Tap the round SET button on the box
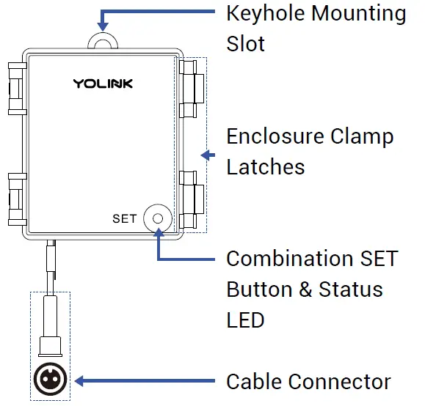click(x=157, y=218)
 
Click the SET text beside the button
click(x=125, y=218)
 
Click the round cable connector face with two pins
click(x=50, y=380)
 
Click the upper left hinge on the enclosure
click(x=15, y=89)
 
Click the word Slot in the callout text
click(x=246, y=43)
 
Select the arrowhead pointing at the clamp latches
click(x=206, y=155)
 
